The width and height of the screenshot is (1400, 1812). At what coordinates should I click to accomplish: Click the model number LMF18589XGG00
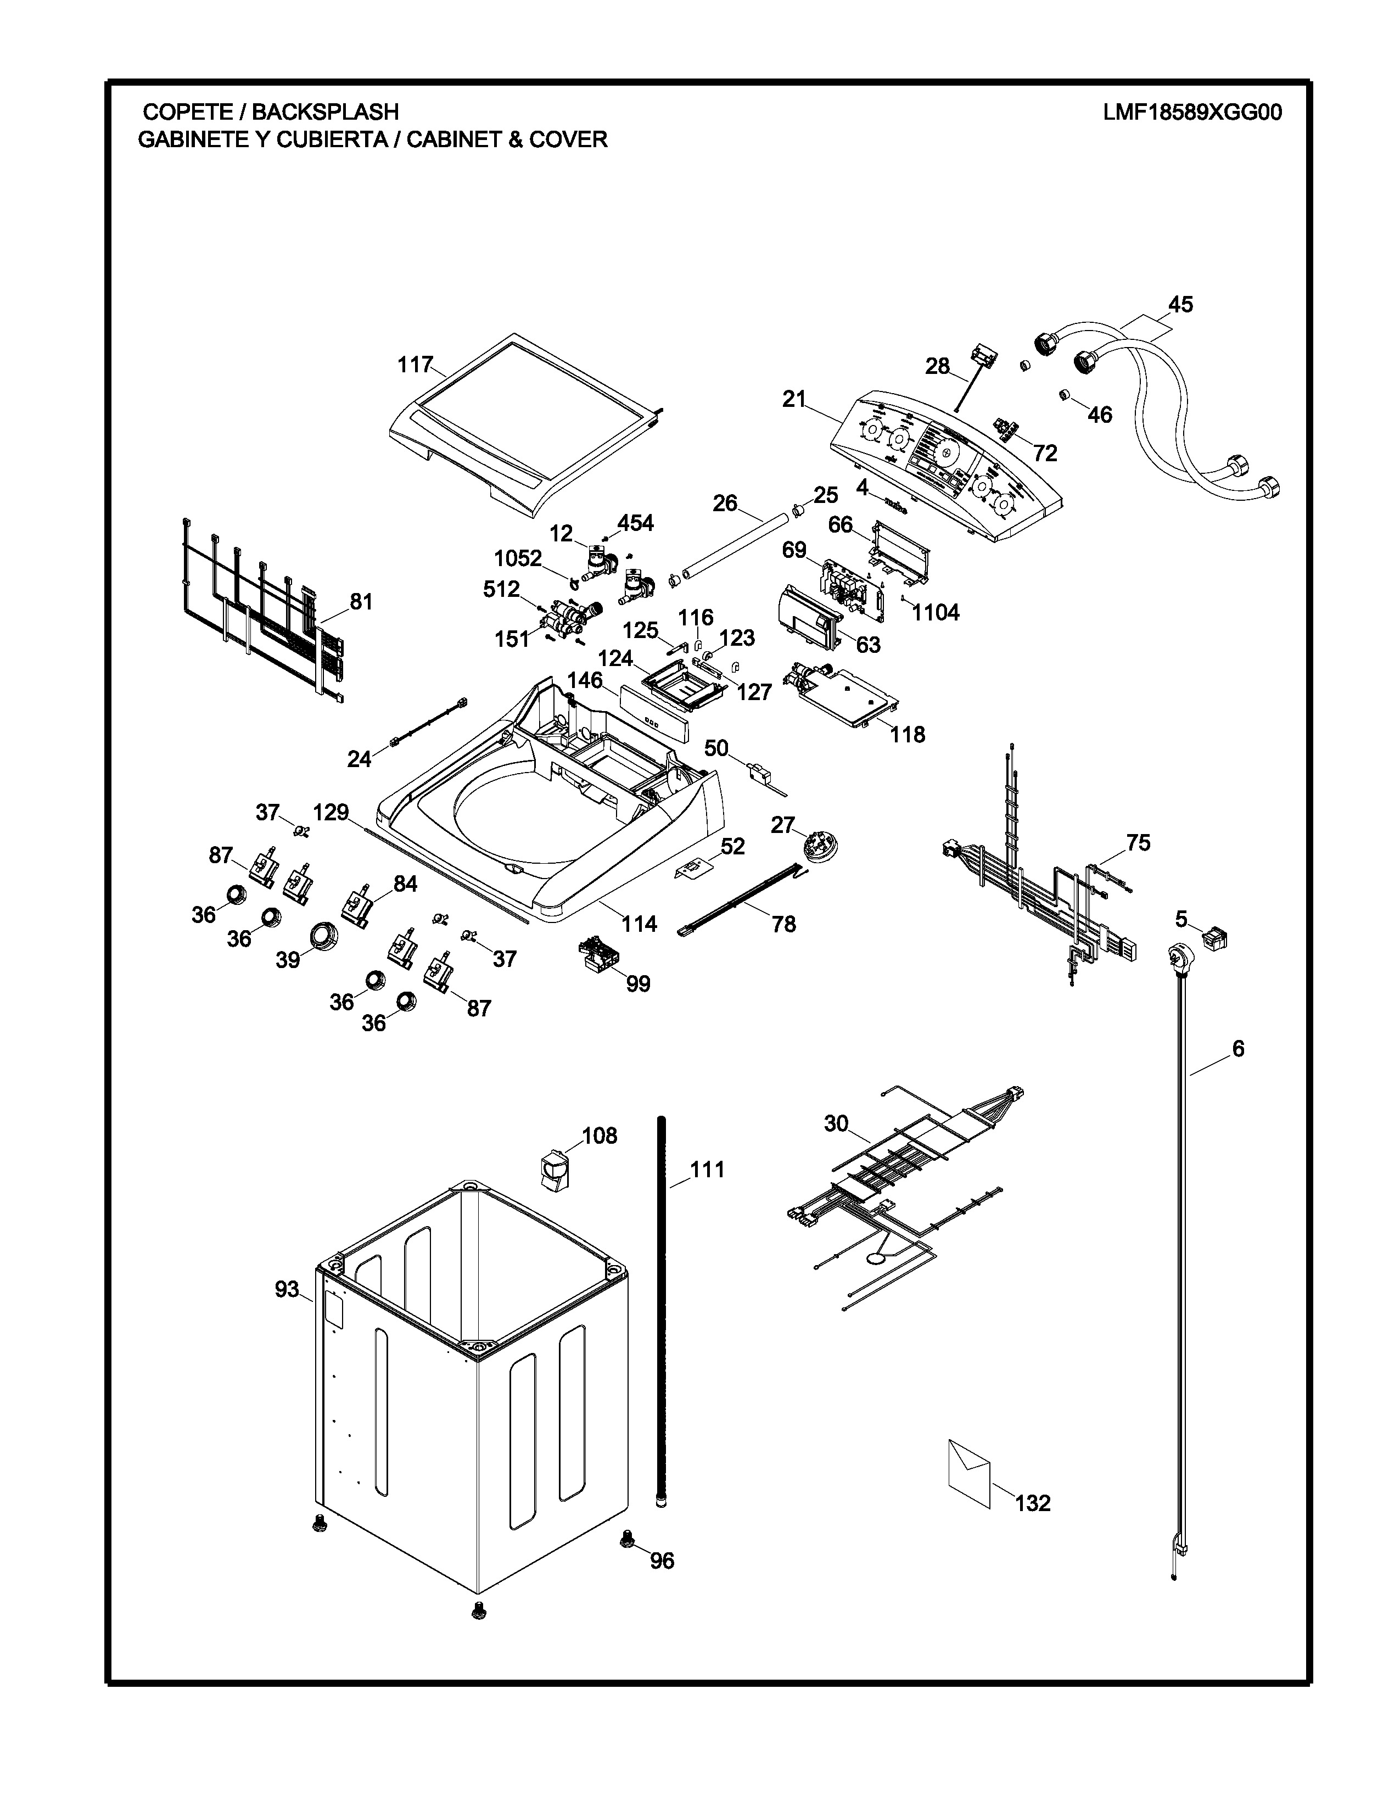click(x=1192, y=112)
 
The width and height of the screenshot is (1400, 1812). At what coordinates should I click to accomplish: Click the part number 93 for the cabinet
click(x=287, y=1289)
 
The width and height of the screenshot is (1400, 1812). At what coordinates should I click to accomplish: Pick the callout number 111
click(x=708, y=1170)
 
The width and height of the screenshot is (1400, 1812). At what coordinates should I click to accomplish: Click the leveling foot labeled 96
click(x=628, y=1541)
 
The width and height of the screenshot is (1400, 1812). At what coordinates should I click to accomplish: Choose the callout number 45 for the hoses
click(x=1180, y=305)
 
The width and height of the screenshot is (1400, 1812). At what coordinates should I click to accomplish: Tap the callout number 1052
click(x=518, y=558)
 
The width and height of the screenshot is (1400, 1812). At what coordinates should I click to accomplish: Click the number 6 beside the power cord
click(x=1237, y=1049)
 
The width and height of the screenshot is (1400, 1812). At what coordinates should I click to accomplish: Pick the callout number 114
click(x=640, y=924)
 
